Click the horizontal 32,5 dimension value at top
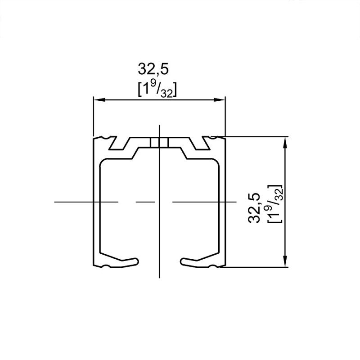153,69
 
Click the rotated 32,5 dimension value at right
254,208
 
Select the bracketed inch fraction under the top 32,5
157,89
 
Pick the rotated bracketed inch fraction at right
274,203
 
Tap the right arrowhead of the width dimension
219,99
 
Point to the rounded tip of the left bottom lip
137,261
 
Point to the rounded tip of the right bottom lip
182,261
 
